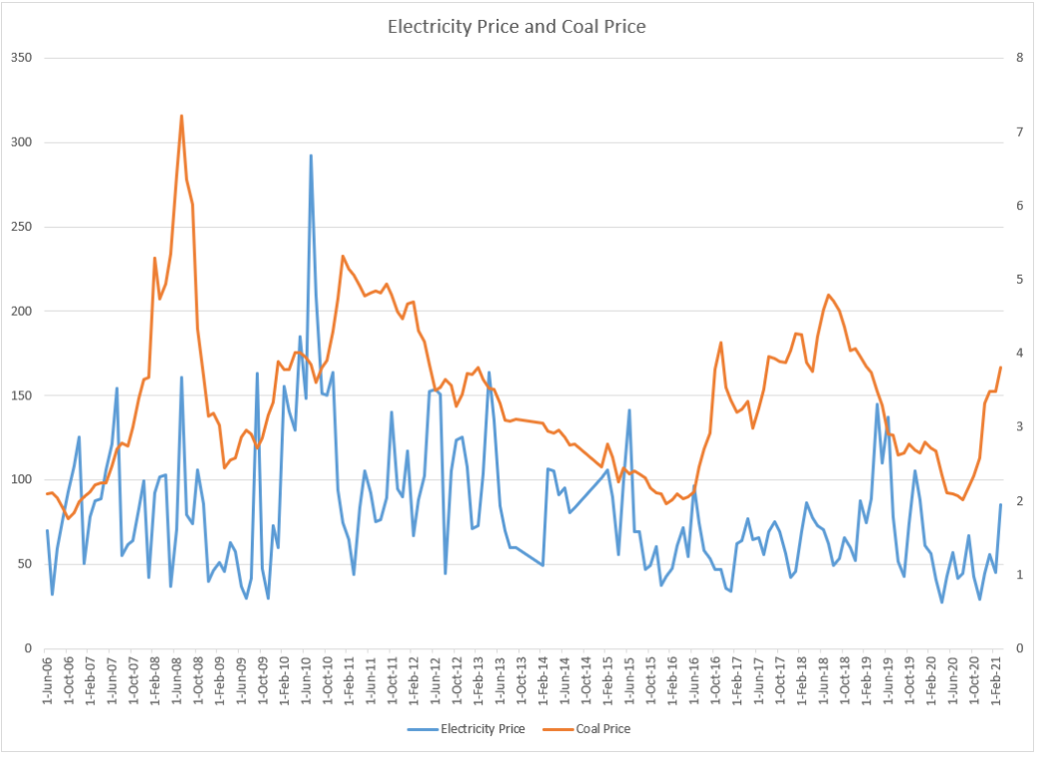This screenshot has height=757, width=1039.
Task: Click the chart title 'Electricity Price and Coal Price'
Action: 517,27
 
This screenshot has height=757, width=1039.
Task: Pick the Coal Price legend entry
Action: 602,729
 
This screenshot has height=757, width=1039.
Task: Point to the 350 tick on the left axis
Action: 21,58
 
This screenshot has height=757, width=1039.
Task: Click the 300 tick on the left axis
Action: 21,143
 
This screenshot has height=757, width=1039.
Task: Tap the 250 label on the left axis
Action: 21,227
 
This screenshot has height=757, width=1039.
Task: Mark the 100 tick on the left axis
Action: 21,480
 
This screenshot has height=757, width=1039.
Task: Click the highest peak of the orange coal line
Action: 181,116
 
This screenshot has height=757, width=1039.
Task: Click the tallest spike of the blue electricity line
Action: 311,156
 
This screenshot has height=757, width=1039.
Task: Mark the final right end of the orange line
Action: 1000,368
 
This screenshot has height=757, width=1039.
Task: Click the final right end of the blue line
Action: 1000,504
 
